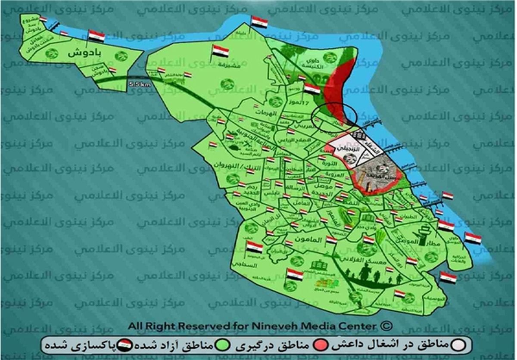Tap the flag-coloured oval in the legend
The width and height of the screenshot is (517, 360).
pos(125,345)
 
